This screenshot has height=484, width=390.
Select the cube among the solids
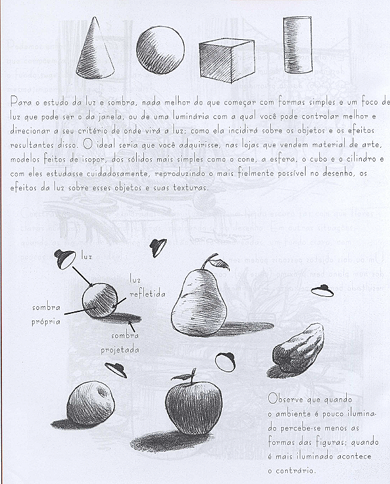tap(225, 63)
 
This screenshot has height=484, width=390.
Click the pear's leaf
tap(221, 263)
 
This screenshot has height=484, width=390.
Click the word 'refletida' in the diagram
tap(147, 294)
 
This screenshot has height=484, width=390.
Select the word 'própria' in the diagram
tap(46, 322)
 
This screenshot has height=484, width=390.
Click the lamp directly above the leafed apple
tap(226, 360)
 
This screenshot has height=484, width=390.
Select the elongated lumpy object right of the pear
tap(298, 346)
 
